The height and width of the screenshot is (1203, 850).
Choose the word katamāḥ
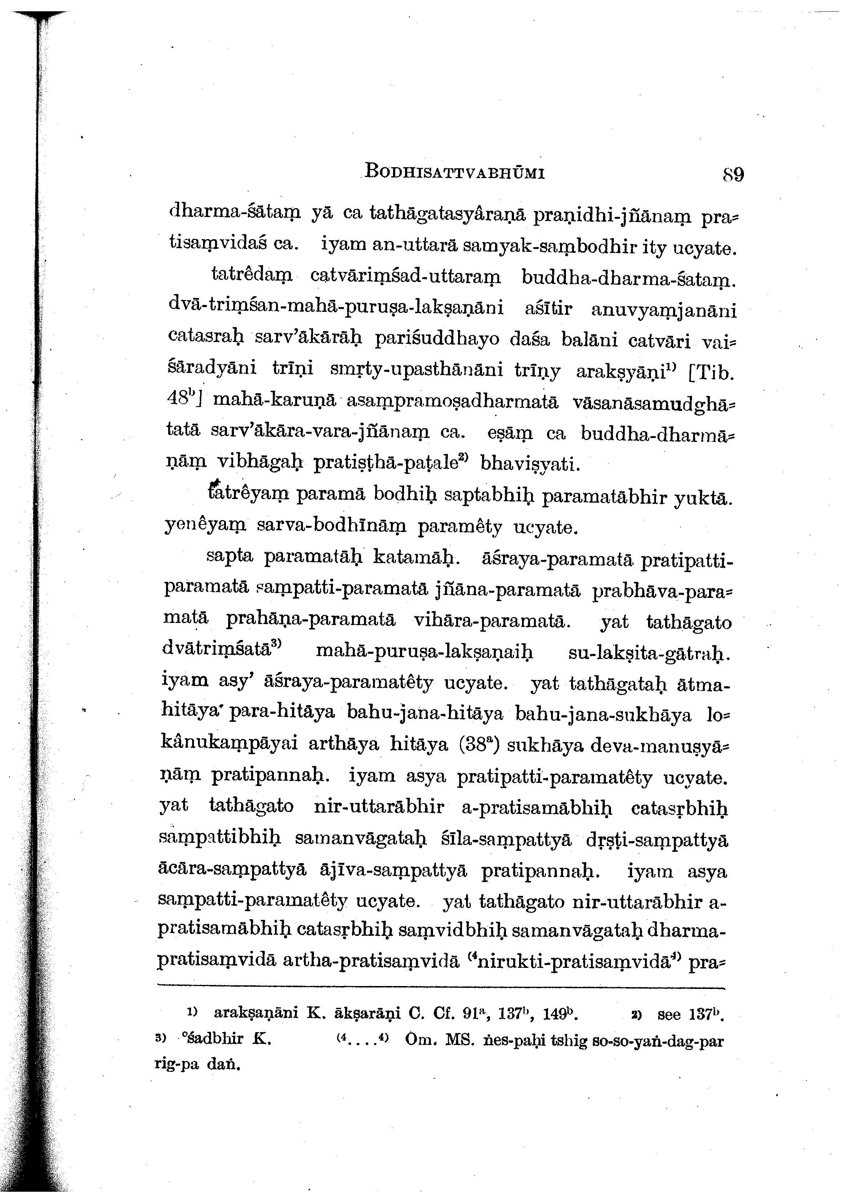click(416, 558)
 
